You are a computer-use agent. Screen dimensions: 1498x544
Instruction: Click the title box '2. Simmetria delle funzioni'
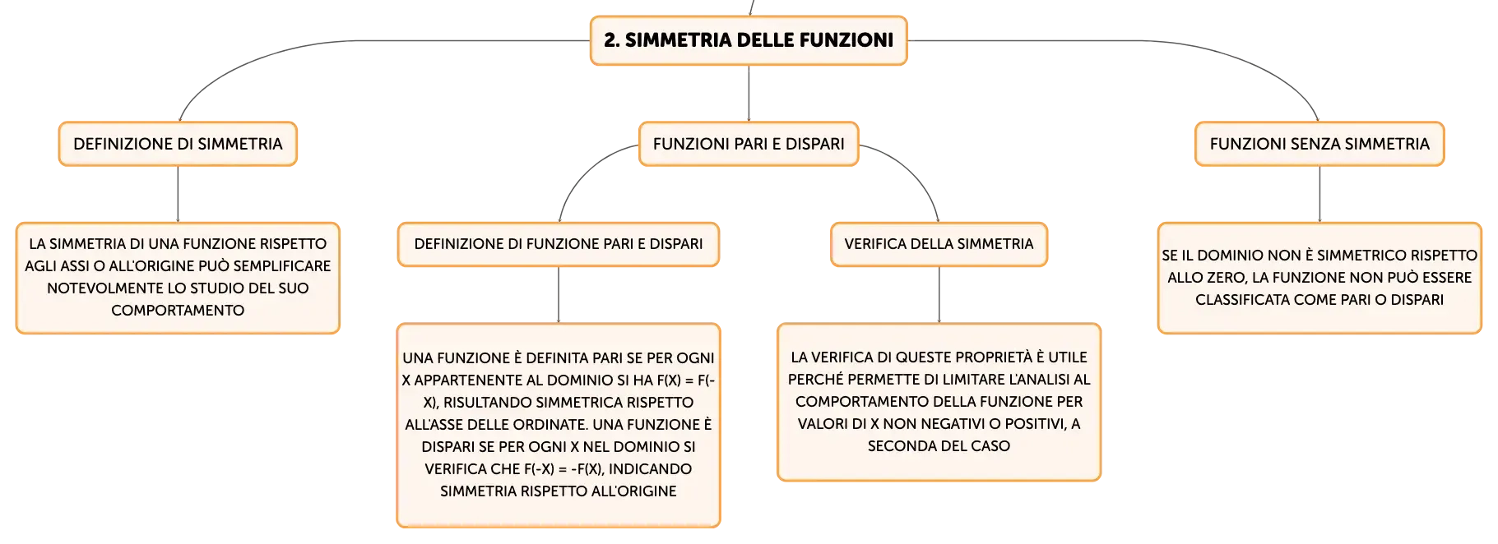pyautogui.click(x=749, y=40)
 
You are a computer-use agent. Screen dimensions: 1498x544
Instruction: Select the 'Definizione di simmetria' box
pyautogui.click(x=178, y=144)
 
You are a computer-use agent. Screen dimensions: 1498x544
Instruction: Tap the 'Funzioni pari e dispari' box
pyautogui.click(x=749, y=144)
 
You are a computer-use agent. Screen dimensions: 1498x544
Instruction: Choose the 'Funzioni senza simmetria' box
pyautogui.click(x=1319, y=144)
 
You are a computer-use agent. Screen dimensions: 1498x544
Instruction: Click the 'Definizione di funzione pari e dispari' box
pyautogui.click(x=559, y=244)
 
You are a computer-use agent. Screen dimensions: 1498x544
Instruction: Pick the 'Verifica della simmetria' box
pyautogui.click(x=939, y=244)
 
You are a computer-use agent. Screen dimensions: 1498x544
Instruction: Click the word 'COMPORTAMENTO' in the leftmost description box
pyautogui.click(x=178, y=311)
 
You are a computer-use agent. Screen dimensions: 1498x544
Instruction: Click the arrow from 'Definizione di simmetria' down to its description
pyautogui.click(x=178, y=194)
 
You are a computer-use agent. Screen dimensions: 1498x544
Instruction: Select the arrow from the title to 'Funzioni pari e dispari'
pyautogui.click(x=749, y=94)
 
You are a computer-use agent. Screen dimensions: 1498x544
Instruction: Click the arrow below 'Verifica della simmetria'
pyautogui.click(x=939, y=295)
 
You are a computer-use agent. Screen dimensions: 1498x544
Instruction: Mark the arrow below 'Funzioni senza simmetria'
pyautogui.click(x=1319, y=194)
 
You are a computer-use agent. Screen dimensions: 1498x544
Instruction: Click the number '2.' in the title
pyautogui.click(x=612, y=40)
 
